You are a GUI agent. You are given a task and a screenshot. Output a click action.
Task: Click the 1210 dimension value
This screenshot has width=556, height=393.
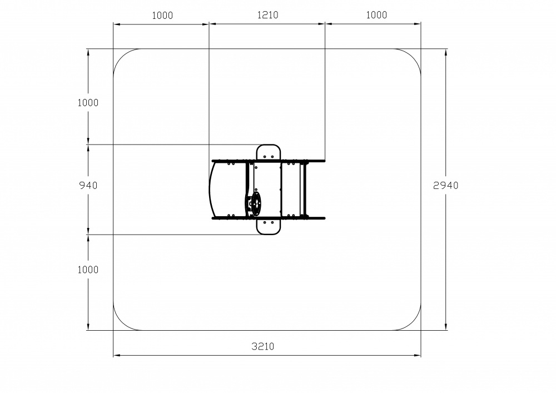(x=268, y=15)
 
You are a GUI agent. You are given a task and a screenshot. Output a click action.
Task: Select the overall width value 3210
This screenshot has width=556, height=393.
(x=263, y=346)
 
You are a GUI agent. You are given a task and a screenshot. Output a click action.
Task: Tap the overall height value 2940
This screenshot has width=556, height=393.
(x=446, y=185)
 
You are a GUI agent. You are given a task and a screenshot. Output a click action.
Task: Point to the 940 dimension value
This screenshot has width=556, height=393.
(x=88, y=185)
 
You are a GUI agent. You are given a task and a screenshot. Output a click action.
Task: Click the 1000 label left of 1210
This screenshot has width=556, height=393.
(x=162, y=15)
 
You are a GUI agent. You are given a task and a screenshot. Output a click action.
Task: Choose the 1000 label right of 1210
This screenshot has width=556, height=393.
(x=376, y=15)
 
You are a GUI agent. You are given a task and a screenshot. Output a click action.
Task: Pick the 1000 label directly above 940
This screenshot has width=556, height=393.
(x=88, y=102)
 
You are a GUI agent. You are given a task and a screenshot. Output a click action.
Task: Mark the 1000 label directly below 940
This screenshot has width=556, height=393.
(x=88, y=270)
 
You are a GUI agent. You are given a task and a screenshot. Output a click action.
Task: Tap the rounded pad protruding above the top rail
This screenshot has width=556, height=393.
(x=269, y=152)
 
